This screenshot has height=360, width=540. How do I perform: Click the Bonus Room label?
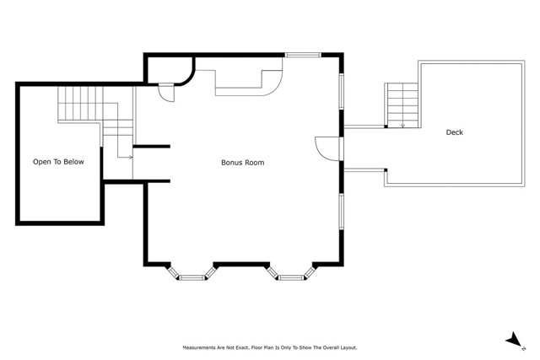243,163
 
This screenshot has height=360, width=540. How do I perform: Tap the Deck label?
455,132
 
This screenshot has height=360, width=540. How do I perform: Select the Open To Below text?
58,162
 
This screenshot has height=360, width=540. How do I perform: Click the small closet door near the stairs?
166,93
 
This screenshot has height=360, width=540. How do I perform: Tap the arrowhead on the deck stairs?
403,126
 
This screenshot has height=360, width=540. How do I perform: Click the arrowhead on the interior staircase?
131,158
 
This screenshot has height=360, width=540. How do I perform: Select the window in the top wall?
303,55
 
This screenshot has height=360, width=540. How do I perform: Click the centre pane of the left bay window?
192,277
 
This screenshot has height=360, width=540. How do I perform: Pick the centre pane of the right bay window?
291,277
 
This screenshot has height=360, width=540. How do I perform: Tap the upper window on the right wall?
341,91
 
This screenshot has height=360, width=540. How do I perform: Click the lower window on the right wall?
341,212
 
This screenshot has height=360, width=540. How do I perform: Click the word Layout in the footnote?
348,348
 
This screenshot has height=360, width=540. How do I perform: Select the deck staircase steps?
402,105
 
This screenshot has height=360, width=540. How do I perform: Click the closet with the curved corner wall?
170,70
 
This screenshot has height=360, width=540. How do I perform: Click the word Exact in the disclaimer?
241,348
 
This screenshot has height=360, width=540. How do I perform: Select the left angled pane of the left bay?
173,271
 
